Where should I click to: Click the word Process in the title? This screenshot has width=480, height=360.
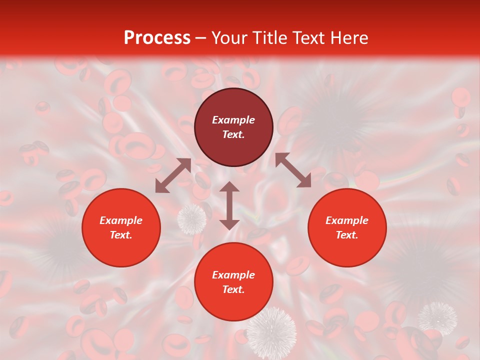(157, 38)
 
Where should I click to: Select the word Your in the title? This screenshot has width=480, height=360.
(230, 38)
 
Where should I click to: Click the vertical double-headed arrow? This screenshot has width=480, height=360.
(229, 205)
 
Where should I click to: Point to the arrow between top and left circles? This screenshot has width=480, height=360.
(173, 175)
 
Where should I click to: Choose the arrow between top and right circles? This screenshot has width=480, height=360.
(293, 170)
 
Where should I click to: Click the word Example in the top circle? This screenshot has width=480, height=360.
(233, 120)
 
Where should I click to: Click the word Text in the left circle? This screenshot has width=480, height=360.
(121, 235)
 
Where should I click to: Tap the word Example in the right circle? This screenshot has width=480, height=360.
(347, 220)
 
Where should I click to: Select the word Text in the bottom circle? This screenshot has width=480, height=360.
(233, 289)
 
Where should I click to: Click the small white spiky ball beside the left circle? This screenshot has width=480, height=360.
(192, 218)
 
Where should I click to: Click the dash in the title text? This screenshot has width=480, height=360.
(200, 38)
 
